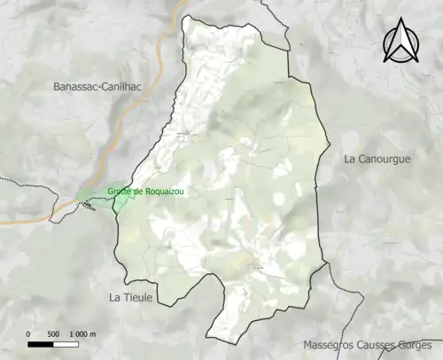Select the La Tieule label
(130, 297)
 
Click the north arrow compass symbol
(400, 42)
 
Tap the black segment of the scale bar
(41, 344)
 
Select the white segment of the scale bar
(66, 344)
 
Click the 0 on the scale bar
(28, 334)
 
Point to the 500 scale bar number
(52, 334)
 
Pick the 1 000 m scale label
(82, 334)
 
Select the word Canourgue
(389, 159)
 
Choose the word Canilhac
(131, 86)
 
